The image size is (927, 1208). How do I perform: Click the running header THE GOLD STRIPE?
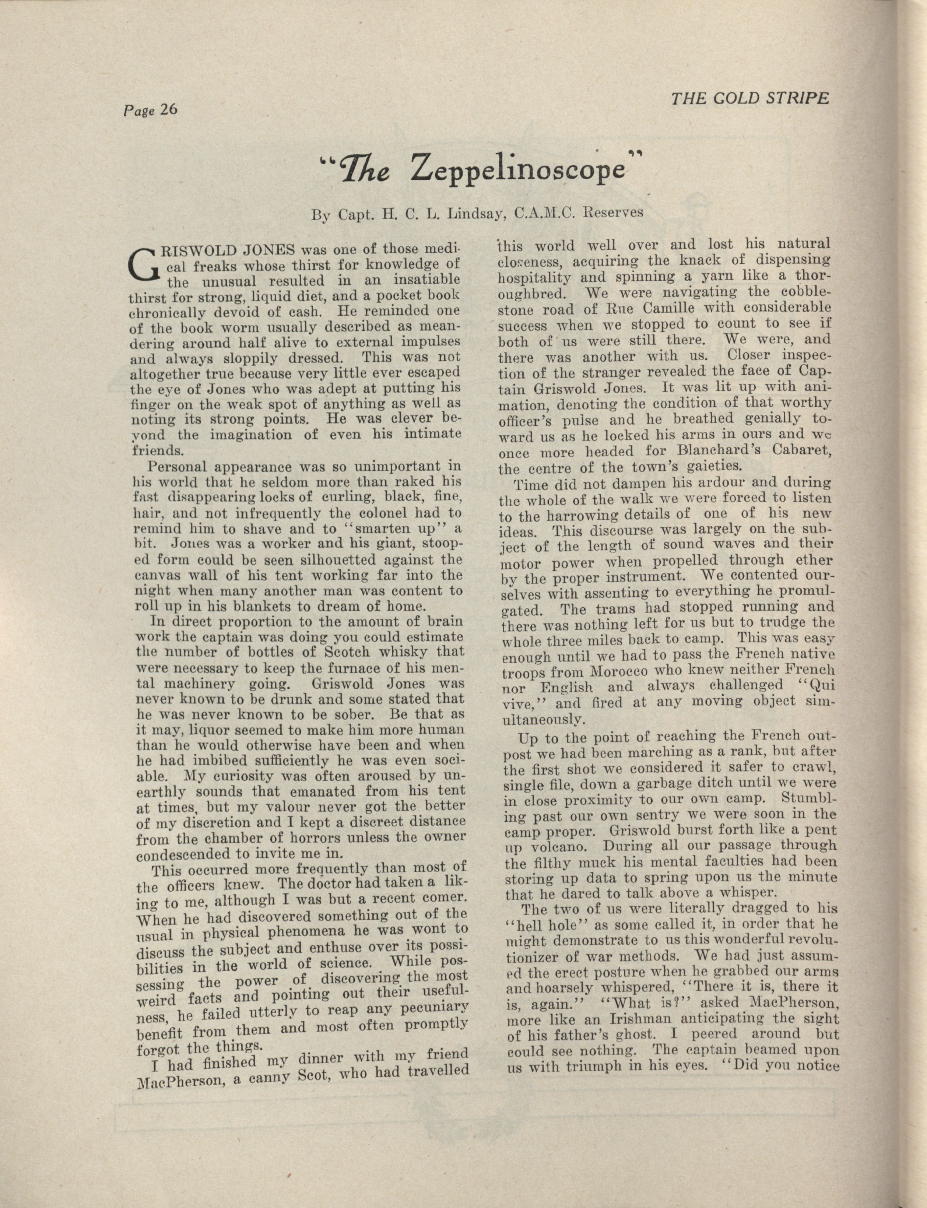[x=750, y=98]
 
